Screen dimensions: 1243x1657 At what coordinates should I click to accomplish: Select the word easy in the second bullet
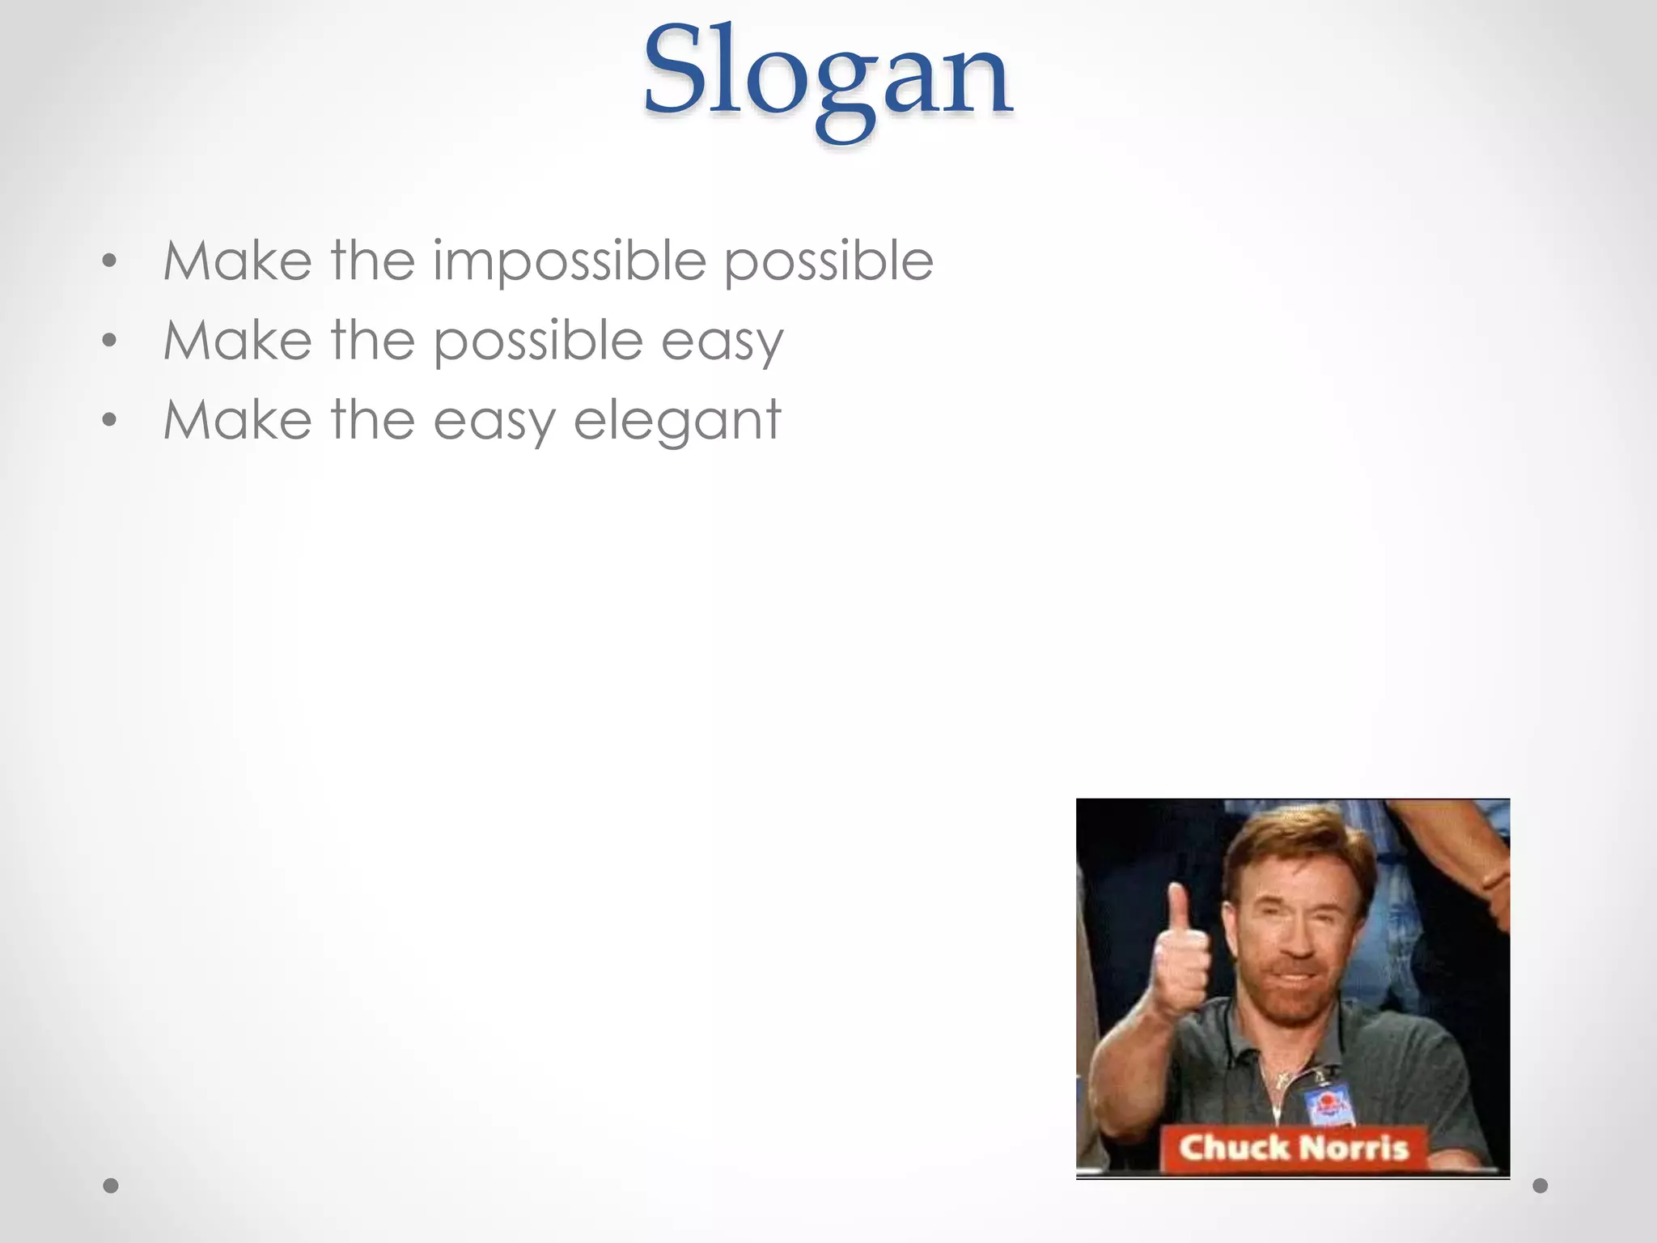(722, 341)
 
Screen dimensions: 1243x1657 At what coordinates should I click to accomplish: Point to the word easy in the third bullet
(494, 421)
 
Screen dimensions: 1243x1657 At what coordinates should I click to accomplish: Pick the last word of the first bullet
(828, 261)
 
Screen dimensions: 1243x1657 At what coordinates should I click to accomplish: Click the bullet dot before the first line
(110, 261)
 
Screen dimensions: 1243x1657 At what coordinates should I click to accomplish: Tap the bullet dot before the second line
(110, 341)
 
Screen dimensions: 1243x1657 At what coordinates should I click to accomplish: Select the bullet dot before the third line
(110, 420)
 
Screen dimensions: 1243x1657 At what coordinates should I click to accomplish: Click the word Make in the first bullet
(237, 261)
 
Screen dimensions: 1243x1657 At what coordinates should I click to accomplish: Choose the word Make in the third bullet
(237, 421)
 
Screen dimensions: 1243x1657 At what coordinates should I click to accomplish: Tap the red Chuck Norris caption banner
(1293, 1148)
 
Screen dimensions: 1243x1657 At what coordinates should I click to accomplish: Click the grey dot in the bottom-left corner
(111, 1186)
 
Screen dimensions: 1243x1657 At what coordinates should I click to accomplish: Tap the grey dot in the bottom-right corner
(1540, 1186)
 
